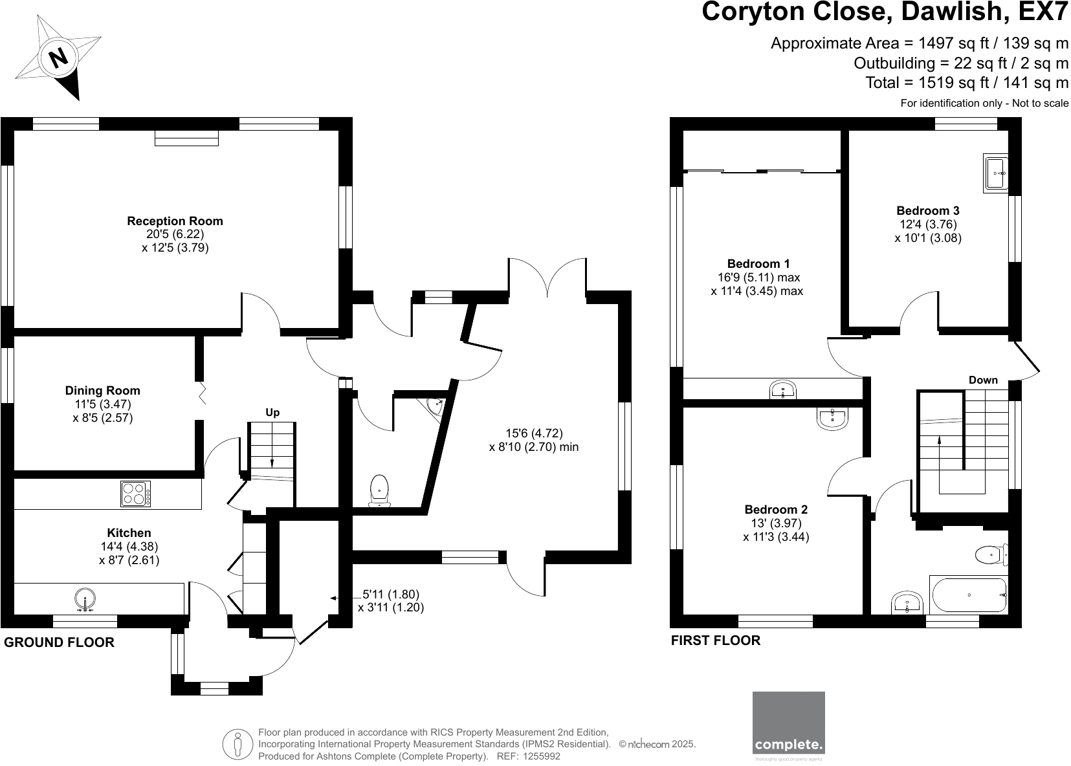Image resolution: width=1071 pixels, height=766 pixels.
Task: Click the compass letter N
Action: coord(59,58)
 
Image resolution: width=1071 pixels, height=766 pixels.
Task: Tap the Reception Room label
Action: coord(175,221)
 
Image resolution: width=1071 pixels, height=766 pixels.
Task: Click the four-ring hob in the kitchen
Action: coord(136,494)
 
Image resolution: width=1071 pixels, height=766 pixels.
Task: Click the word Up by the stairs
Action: coord(272,413)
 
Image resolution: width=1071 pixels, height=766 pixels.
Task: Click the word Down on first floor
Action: coord(983,380)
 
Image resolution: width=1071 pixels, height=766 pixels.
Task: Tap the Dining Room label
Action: coord(102,391)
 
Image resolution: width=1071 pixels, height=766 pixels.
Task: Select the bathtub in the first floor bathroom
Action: coord(969,595)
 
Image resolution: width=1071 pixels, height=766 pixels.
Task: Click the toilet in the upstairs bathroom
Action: coord(991,554)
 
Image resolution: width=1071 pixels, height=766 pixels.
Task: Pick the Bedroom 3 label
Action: coord(927,211)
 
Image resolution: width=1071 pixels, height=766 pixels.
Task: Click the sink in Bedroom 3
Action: coord(996,173)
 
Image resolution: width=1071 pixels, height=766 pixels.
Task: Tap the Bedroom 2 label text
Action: coord(775,510)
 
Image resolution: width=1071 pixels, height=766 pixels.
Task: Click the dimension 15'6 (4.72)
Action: coord(534,433)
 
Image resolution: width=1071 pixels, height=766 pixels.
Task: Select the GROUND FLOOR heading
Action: coord(60,642)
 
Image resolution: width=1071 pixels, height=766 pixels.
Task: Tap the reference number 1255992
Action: coord(541,756)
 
